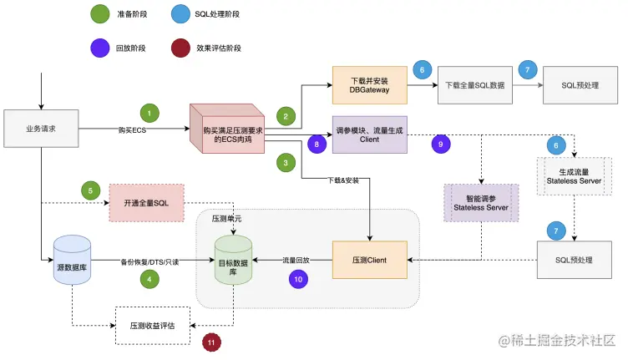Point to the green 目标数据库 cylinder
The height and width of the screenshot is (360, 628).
(x=233, y=261)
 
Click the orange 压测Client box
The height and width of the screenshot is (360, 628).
(x=370, y=260)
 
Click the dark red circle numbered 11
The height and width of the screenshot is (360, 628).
(x=213, y=341)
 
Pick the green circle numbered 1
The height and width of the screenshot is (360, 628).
(x=149, y=112)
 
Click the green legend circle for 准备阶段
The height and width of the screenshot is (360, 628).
(x=99, y=13)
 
